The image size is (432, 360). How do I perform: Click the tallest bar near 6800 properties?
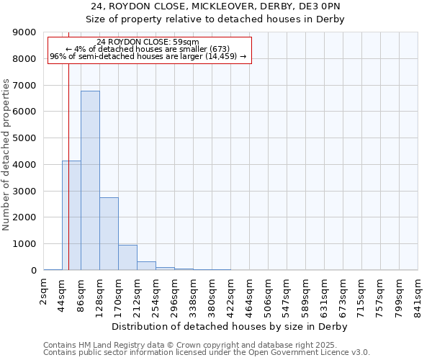point(90,180)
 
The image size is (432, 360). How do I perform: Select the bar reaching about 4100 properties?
point(71,215)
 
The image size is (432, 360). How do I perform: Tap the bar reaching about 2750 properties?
point(109,233)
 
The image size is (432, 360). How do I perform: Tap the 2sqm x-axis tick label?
point(44,293)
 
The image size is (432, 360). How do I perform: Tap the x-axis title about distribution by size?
point(230,327)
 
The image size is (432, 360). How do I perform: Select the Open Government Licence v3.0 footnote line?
point(207,352)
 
